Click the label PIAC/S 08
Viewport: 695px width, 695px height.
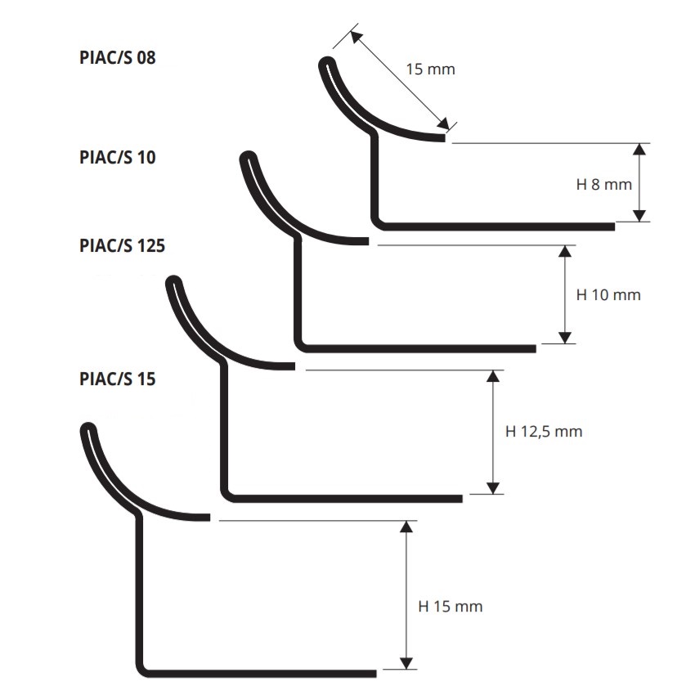118,58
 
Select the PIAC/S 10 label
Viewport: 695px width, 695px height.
118,157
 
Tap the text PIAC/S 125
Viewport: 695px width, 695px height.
122,245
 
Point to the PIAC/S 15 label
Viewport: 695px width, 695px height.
118,379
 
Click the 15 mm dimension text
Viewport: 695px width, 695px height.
430,69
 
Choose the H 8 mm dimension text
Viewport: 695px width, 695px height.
603,185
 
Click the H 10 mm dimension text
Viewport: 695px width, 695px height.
608,294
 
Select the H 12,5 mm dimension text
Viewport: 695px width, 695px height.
544,431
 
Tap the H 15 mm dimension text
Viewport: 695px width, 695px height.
451,607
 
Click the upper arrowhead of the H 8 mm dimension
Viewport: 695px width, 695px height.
639,149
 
